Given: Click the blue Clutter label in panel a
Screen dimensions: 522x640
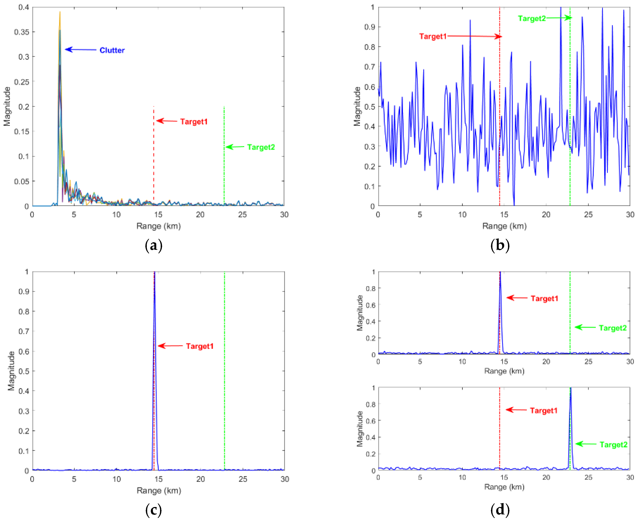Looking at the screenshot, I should [112, 50].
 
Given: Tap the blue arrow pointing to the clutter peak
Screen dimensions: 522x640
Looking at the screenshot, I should [81, 49].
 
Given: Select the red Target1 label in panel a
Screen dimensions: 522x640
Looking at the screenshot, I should [194, 122].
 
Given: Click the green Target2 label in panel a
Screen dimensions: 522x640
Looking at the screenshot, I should [261, 147].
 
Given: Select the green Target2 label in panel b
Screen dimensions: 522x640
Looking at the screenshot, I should [532, 18].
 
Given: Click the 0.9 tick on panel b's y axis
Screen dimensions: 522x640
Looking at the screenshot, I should [370, 27].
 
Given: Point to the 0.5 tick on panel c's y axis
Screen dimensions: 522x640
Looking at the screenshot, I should [24, 371].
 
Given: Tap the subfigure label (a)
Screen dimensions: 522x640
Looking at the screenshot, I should [154, 245].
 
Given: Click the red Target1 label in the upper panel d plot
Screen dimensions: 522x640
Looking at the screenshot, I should [544, 298].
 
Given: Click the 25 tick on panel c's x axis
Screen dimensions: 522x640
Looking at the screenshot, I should [243, 479].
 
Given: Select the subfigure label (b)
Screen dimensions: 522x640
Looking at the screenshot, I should [500, 245].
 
